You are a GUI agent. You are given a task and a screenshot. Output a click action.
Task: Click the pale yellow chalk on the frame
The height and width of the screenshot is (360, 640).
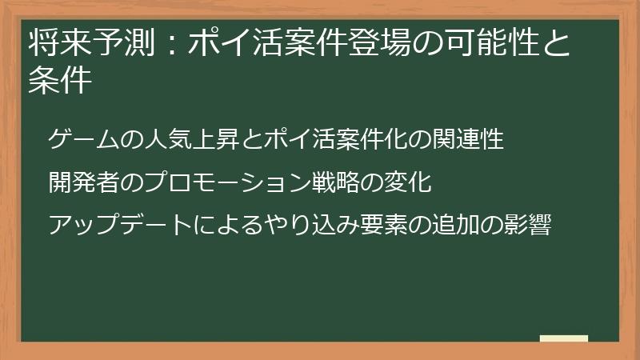[x=563, y=339]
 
